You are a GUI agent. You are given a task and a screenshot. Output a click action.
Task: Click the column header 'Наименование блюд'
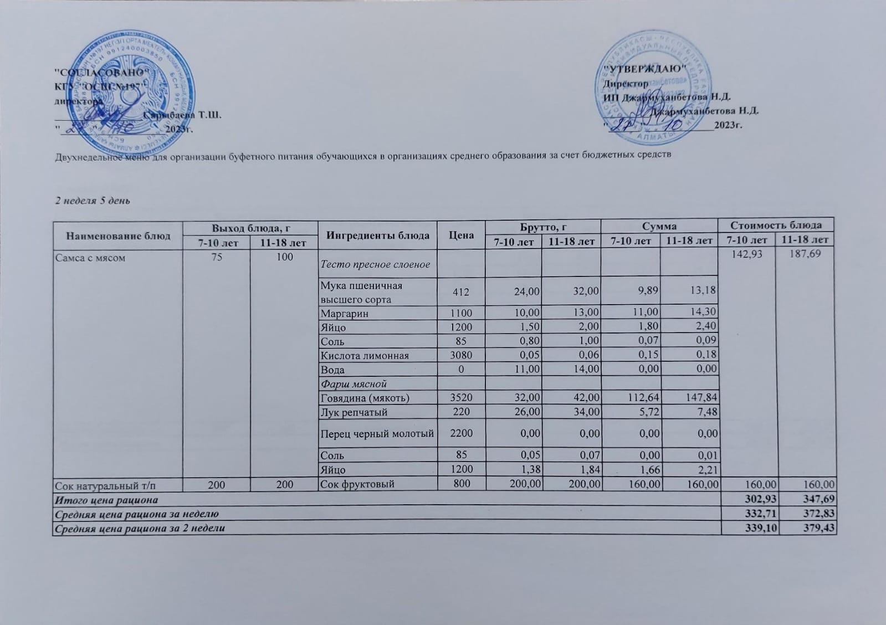tap(118, 235)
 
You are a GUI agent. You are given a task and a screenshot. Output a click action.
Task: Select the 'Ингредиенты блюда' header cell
tap(378, 235)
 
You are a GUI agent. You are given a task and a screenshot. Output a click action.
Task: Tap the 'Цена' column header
tap(461, 235)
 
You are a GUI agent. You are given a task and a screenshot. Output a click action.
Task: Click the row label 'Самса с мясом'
tap(89, 257)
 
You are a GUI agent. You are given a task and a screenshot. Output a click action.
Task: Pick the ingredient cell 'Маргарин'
tap(345, 314)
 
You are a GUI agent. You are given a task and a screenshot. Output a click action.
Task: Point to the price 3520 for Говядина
tap(461, 398)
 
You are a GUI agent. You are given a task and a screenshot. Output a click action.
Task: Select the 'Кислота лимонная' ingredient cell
tap(365, 356)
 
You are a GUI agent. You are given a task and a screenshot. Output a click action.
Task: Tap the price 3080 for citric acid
tap(461, 355)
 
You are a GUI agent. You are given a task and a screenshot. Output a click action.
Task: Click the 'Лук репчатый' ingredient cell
tap(354, 412)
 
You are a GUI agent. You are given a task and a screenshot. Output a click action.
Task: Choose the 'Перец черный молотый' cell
tap(377, 433)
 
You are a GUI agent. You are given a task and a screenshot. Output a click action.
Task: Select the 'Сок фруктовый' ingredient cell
tap(357, 484)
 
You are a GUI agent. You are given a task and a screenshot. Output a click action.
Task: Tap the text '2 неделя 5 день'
tap(93, 200)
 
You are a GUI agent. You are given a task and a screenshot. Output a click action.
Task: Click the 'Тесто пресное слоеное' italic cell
tap(375, 264)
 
